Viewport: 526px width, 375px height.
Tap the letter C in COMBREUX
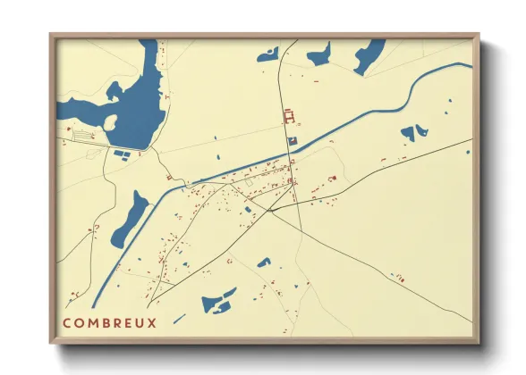[x=67, y=322]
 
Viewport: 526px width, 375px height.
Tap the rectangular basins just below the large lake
[x=121, y=154]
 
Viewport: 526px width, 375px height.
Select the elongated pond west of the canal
[x=130, y=219]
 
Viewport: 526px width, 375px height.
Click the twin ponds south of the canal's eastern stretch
[x=412, y=134]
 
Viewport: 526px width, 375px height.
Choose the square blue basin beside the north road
[x=291, y=140]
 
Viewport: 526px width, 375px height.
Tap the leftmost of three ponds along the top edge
[x=267, y=55]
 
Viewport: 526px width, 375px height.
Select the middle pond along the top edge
[x=319, y=55]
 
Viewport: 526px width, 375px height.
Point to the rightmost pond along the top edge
[x=369, y=55]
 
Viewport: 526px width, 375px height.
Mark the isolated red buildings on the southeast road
[x=400, y=278]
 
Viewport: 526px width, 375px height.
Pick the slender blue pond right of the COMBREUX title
[x=179, y=319]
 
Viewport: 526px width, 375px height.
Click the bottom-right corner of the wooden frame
[x=479, y=342]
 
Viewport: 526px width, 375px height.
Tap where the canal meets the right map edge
[x=471, y=67]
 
